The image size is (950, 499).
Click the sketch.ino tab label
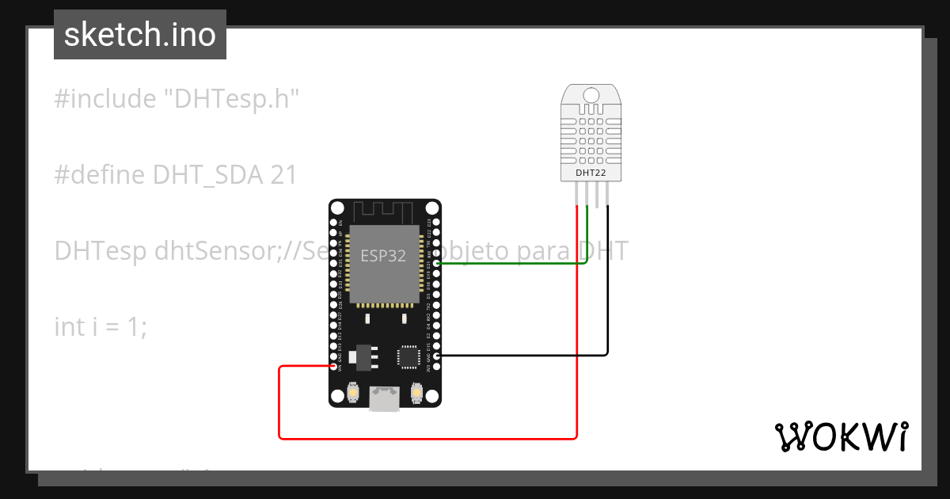click(x=140, y=36)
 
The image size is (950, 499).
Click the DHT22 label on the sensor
click(x=591, y=172)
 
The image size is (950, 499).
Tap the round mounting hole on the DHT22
click(x=591, y=96)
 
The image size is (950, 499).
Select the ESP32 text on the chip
click(x=384, y=256)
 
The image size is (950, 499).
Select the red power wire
click(x=427, y=437)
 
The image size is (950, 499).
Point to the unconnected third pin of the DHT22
click(x=597, y=194)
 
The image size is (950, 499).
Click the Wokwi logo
click(x=841, y=436)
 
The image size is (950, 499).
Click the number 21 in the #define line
click(x=283, y=175)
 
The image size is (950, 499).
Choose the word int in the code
click(x=68, y=326)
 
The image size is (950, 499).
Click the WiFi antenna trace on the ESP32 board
click(x=384, y=211)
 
